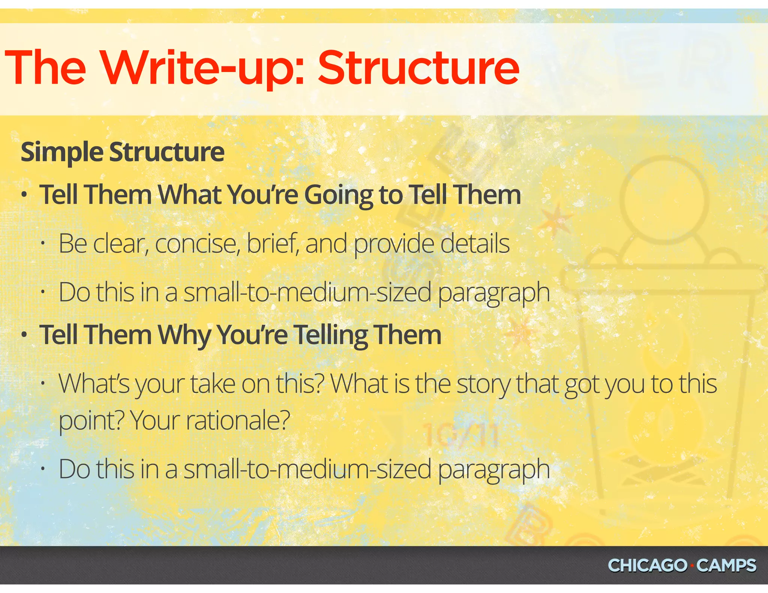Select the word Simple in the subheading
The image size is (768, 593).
[x=62, y=153]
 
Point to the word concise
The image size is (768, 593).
[x=198, y=244]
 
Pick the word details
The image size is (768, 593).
[x=475, y=244]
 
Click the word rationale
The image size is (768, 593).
[x=238, y=421]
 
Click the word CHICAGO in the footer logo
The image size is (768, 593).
[x=647, y=566]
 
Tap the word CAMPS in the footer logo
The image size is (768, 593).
[x=726, y=566]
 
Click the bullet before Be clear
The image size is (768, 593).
[x=43, y=244]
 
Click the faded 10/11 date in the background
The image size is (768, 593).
[x=460, y=436]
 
